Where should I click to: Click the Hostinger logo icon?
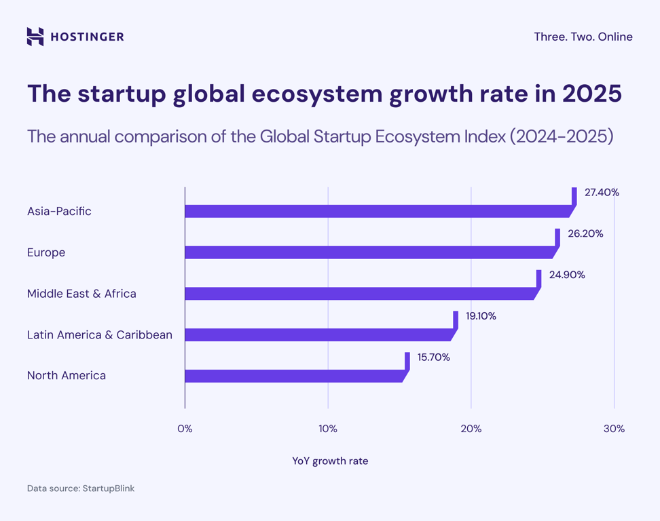pos(35,37)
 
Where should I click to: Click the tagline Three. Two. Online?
pos(583,37)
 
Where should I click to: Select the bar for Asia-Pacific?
pos(377,212)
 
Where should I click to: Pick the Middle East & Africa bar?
pos(359,294)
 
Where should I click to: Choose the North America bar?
pos(293,376)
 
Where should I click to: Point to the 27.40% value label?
pos(602,193)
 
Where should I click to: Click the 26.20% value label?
pos(585,234)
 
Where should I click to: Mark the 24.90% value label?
pos(567,275)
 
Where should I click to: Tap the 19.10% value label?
pos(481,316)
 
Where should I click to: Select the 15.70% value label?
pos(433,357)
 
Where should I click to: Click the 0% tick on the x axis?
pos(185,429)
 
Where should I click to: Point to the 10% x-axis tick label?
pos(328,429)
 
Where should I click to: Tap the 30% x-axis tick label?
pos(614,429)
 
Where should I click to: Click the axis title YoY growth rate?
pos(330,461)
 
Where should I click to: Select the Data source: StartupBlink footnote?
pos(81,488)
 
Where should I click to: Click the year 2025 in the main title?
pos(592,94)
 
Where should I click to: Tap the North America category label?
pos(67,376)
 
